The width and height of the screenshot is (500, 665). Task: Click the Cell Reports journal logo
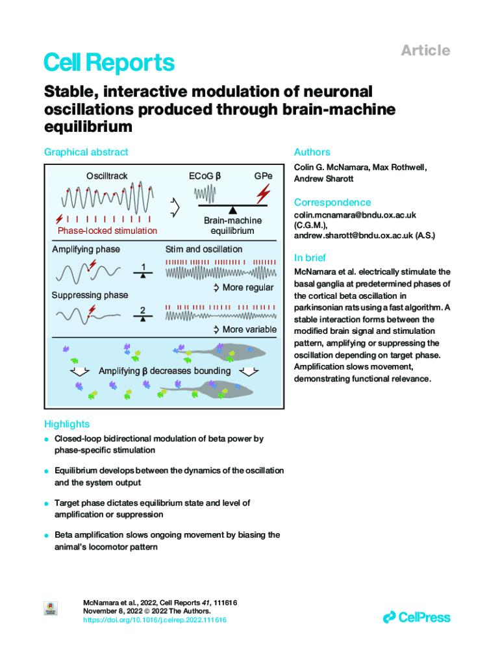[109, 63]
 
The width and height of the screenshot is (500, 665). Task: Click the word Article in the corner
[425, 50]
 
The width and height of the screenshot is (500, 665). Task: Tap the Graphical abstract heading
[86, 152]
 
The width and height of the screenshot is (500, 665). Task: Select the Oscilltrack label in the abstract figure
[107, 176]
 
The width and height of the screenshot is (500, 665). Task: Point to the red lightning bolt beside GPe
[264, 193]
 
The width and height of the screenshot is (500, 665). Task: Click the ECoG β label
[205, 176]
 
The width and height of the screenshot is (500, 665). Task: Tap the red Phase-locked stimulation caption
[107, 231]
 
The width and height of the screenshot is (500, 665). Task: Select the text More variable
[249, 329]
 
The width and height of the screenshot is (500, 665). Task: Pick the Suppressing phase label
[90, 295]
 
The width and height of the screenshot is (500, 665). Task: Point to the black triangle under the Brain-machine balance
[232, 209]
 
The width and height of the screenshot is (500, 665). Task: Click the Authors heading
[312, 152]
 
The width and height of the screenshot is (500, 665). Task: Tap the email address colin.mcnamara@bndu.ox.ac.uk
[355, 215]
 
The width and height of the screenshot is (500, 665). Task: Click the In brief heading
[310, 257]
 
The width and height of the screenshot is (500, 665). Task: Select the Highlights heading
[67, 424]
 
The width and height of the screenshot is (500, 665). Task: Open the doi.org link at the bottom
[155, 620]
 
